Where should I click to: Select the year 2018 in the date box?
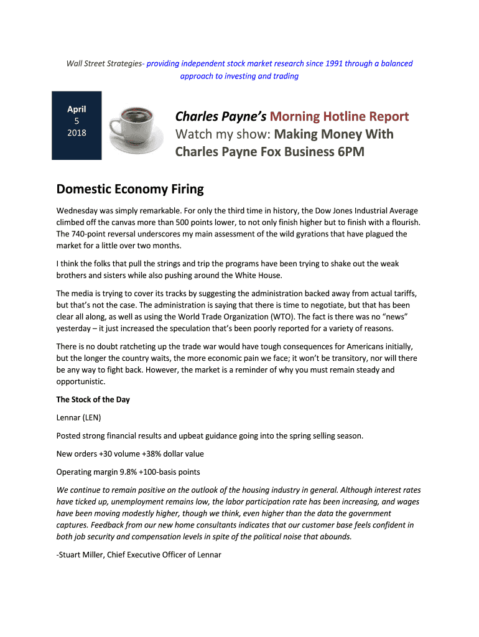[77, 133]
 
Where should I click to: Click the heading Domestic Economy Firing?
[130, 188]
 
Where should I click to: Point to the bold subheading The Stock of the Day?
[93, 399]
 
